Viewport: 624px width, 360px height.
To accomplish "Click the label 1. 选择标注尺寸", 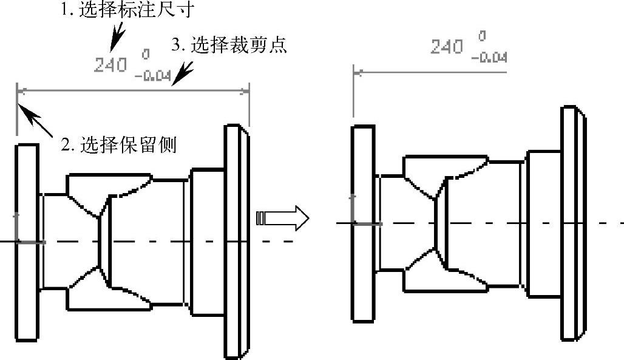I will [x=119, y=10].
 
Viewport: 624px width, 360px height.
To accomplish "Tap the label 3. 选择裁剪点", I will [x=229, y=46].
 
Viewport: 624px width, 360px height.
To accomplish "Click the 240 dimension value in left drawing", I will [x=110, y=64].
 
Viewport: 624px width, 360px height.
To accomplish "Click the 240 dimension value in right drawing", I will [x=447, y=47].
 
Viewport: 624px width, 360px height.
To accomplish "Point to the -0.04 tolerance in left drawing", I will [x=152, y=76].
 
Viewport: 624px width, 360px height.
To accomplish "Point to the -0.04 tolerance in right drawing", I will [x=489, y=58].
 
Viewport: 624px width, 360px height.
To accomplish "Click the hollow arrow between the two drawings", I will [x=283, y=217].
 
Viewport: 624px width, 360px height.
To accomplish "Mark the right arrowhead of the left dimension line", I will [x=245, y=91].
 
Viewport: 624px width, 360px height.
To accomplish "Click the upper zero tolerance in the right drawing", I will [x=483, y=37].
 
